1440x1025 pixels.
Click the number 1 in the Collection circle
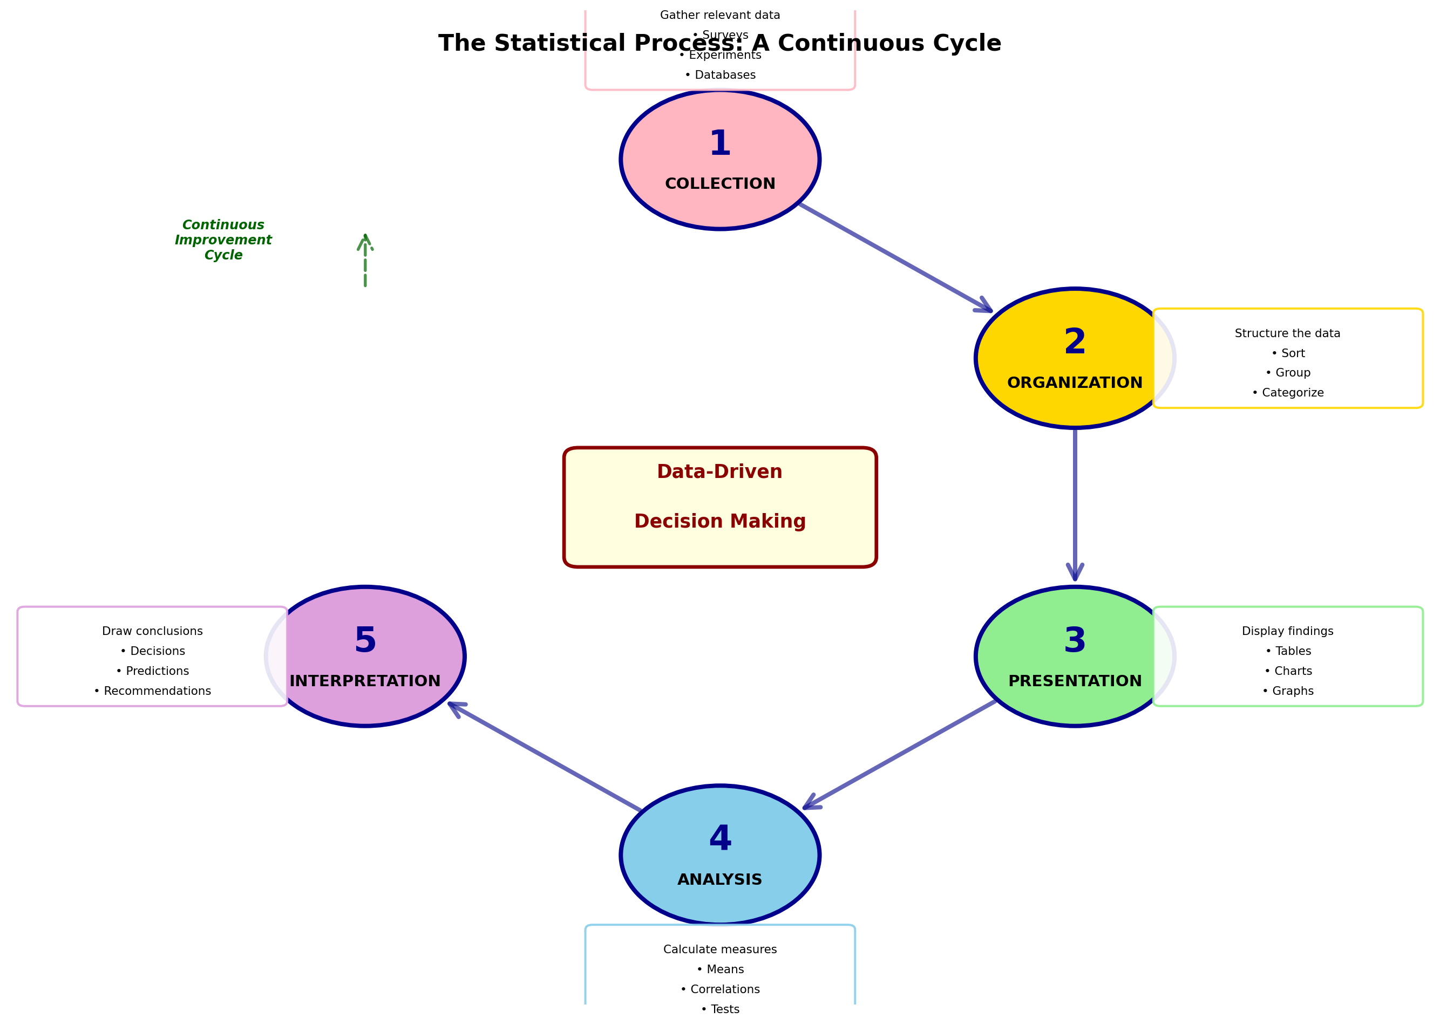[x=719, y=144]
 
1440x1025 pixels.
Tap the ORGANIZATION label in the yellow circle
[x=1075, y=382]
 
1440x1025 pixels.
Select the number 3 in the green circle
[x=1075, y=641]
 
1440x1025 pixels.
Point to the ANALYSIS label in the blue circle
[x=719, y=879]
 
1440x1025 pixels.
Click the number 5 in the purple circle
[x=365, y=641]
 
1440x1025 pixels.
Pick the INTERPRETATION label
[x=365, y=681]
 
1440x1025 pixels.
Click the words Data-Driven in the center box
[x=719, y=471]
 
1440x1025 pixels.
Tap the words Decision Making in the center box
[x=719, y=521]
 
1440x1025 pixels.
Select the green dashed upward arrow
[x=365, y=261]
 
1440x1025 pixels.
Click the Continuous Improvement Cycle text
[x=223, y=240]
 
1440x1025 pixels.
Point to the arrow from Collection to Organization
[x=895, y=257]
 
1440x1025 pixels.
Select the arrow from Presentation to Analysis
[x=900, y=754]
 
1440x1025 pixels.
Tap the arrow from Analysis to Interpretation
[x=544, y=756]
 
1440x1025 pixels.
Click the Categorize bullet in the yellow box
[x=1288, y=393]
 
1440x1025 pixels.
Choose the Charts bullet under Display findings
[x=1288, y=671]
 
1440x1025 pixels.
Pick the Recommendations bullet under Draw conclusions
[x=153, y=691]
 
